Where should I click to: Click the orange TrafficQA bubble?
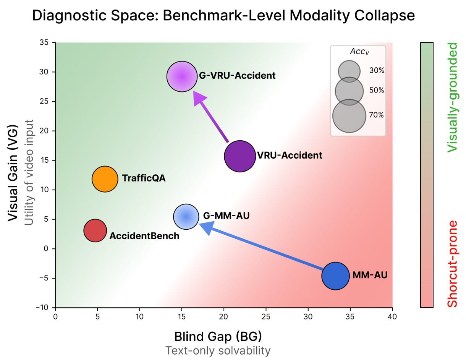pos(105,179)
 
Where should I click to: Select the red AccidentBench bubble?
pos(95,230)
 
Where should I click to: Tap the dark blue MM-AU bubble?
pos(335,276)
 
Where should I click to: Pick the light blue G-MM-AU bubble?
pos(186,217)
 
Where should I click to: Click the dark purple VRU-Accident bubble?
pos(240,156)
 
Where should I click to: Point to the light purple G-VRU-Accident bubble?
pos(182,76)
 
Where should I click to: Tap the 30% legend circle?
pos(349,71)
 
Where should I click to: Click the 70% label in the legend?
pos(376,115)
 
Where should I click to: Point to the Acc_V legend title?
pos(360,52)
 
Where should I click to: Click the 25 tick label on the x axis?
pos(266,317)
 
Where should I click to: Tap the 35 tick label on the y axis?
pos(44,42)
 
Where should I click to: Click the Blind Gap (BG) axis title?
pos(218,336)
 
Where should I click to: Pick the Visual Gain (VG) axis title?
pos(13,173)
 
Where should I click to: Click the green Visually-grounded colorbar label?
pos(452,97)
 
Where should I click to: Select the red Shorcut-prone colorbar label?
pos(452,264)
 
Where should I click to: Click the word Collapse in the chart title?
pos(385,15)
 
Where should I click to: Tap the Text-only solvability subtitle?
pos(218,351)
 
